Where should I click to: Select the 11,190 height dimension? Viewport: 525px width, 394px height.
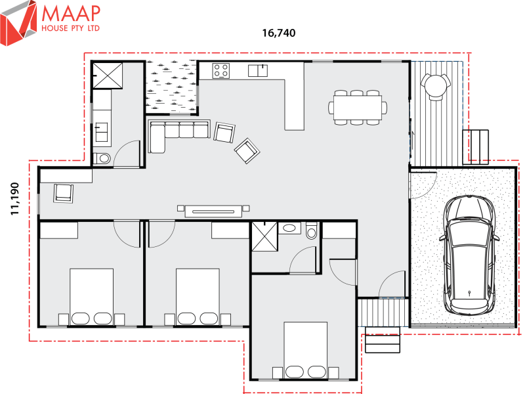coord(14,197)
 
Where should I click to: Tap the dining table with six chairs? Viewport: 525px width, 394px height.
coord(358,106)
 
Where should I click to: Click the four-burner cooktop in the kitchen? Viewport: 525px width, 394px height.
coord(220,70)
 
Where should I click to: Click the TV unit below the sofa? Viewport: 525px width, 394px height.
coord(214,210)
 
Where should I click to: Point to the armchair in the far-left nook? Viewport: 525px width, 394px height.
coord(64,192)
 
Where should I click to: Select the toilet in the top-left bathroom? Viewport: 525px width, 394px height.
coord(102,158)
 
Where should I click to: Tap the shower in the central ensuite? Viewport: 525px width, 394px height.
coord(264,236)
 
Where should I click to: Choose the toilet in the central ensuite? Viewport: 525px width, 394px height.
coord(311,232)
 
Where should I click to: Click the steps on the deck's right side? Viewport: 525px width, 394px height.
coord(477,146)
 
